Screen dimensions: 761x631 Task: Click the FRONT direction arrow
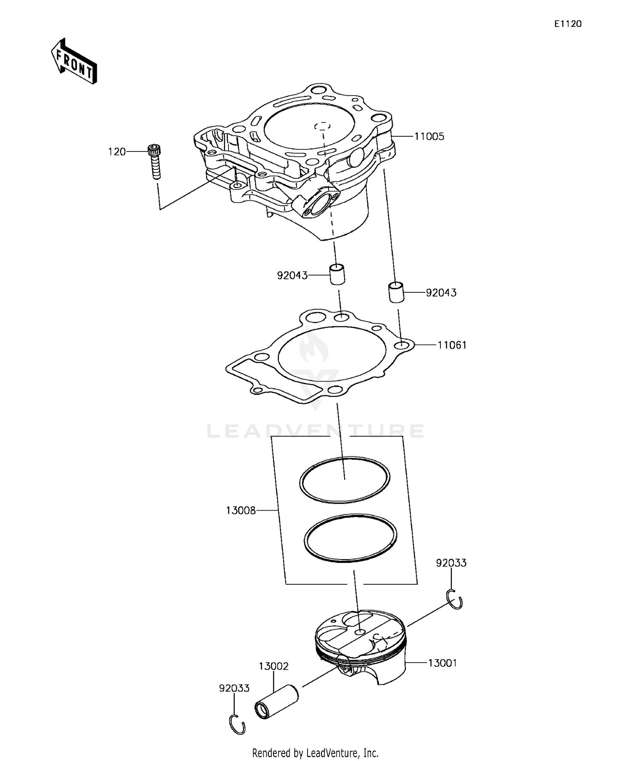[x=74, y=61]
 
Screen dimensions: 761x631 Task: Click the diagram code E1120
[x=567, y=24]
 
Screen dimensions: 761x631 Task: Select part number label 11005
[x=429, y=136]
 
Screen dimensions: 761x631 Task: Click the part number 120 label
[x=117, y=152]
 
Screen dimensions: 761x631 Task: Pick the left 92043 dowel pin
[x=337, y=274]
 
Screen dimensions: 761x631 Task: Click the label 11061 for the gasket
[x=452, y=345]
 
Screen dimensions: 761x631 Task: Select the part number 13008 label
[x=241, y=511]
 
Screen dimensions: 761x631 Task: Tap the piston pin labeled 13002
[x=276, y=706]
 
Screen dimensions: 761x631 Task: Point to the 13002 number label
[x=273, y=666]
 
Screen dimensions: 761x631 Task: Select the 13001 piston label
[x=442, y=663]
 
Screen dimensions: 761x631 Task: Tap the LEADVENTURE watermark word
[x=315, y=431]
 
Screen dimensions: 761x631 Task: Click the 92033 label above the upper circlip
[x=451, y=563]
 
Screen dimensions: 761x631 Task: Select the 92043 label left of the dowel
[x=292, y=276]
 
